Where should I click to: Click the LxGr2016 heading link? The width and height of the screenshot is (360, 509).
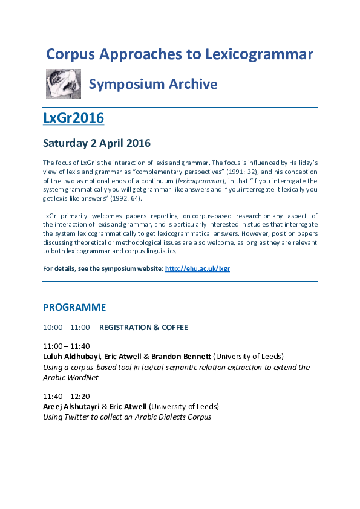click(x=73, y=118)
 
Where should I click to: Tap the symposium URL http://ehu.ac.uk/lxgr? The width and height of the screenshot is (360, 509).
click(x=197, y=268)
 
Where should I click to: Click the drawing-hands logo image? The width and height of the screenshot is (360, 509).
click(x=64, y=83)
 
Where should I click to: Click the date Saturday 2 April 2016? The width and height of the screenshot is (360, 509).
click(x=96, y=143)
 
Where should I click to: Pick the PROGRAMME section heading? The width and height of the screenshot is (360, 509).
click(x=74, y=308)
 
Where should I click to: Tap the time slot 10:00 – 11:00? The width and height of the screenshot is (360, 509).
click(x=66, y=328)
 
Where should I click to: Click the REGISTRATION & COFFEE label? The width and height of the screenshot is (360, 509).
click(x=143, y=328)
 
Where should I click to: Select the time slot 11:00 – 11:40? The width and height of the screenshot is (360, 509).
click(x=66, y=346)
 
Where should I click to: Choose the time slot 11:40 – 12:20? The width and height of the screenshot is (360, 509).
click(x=66, y=397)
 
